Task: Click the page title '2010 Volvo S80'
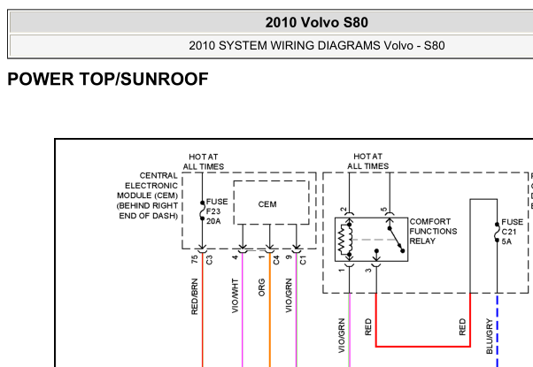[316, 22]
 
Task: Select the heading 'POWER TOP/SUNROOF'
[108, 79]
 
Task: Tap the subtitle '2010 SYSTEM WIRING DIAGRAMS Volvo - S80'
[316, 45]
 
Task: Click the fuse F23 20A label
[217, 211]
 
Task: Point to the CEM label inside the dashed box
[267, 204]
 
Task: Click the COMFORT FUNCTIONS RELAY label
[433, 231]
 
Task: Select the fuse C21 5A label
[513, 232]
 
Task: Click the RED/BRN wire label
[195, 296]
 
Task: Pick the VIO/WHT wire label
[235, 295]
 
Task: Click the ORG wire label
[261, 287]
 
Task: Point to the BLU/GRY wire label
[489, 336]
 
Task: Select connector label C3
[209, 260]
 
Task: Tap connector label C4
[275, 260]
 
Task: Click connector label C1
[303, 260]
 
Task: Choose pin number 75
[194, 259]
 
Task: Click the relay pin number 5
[383, 209]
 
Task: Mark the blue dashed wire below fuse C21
[497, 330]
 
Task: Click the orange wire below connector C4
[270, 310]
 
